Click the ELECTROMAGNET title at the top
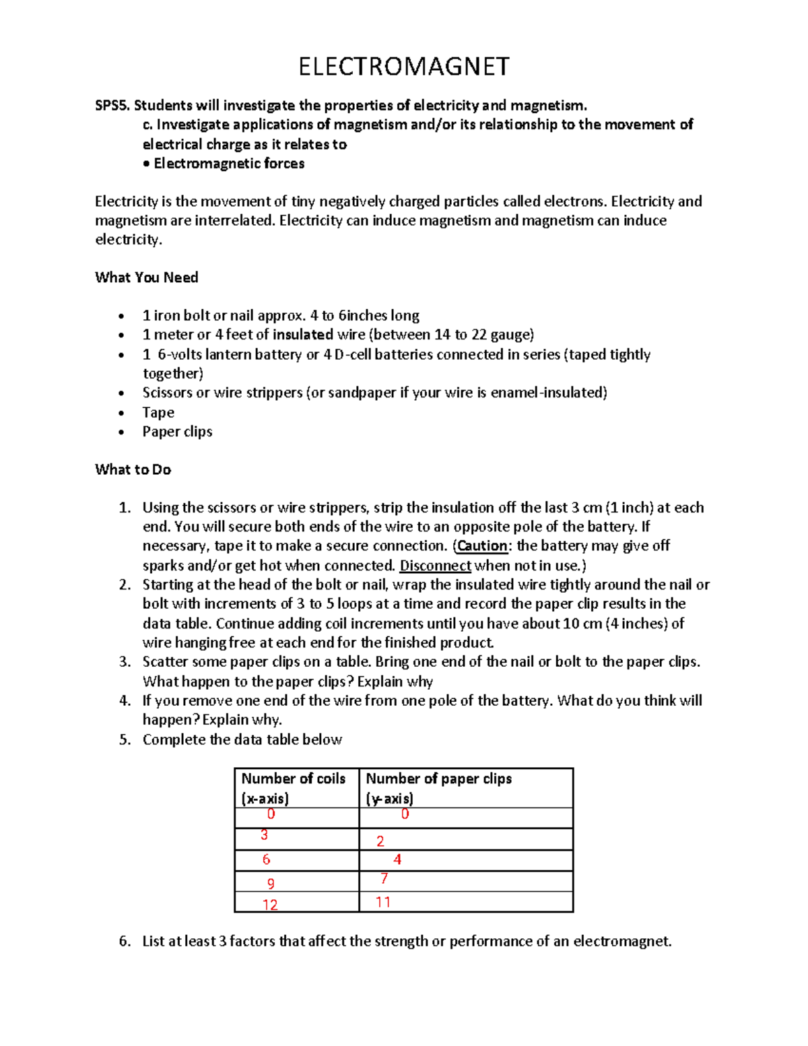[x=404, y=67]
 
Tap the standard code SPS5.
[x=112, y=105]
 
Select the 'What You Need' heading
[x=147, y=277]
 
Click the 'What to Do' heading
[x=133, y=469]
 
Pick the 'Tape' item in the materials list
[x=158, y=412]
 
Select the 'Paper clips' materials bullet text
[x=177, y=432]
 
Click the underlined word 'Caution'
[x=482, y=546]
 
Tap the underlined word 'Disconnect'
[x=435, y=565]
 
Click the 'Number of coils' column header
[x=293, y=779]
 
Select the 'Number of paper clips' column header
[x=438, y=779]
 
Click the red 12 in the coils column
[x=270, y=905]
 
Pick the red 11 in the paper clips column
[x=383, y=902]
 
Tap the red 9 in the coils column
[x=271, y=883]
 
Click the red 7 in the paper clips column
[x=384, y=878]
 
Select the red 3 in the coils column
[x=265, y=835]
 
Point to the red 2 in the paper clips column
[x=380, y=841]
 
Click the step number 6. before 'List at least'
[x=125, y=941]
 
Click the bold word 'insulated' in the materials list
[x=303, y=335]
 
